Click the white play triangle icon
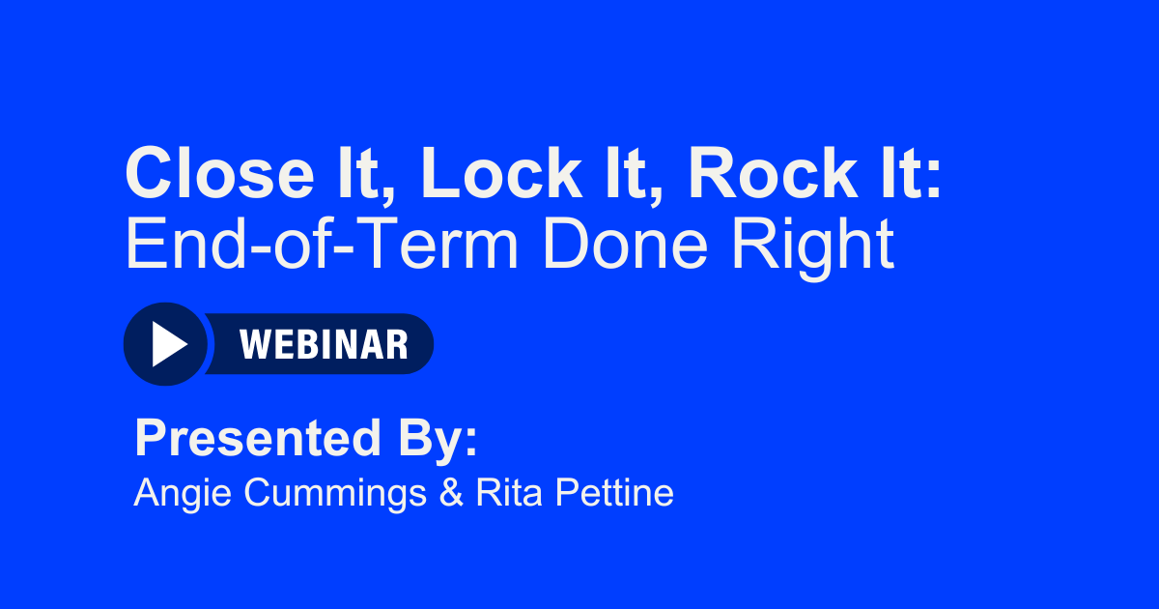167,344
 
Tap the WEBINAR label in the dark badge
324,344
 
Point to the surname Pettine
610,493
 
